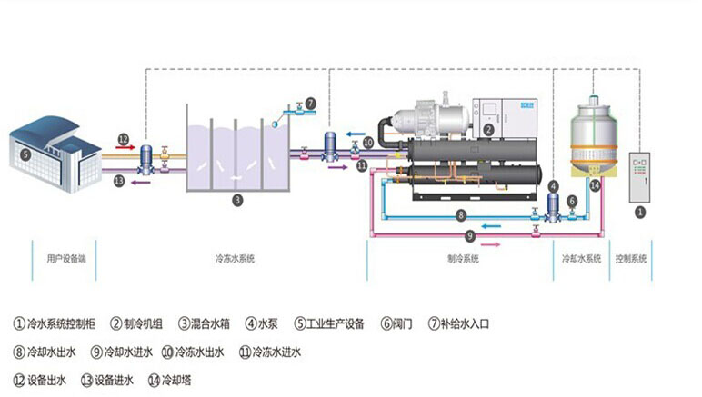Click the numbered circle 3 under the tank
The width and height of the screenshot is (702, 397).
point(236,199)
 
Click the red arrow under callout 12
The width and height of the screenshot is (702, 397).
point(125,146)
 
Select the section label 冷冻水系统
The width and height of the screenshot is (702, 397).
point(236,259)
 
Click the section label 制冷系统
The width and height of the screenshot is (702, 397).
point(463,259)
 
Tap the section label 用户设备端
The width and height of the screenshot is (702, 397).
point(65,259)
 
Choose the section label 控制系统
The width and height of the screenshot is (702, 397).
point(630,259)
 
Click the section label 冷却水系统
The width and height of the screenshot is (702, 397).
point(581,259)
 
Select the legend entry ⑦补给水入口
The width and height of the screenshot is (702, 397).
point(464,323)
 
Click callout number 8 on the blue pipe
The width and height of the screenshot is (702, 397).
point(462,215)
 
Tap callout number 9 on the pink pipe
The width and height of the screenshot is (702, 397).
point(470,235)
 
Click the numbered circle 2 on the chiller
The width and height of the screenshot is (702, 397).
point(488,130)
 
